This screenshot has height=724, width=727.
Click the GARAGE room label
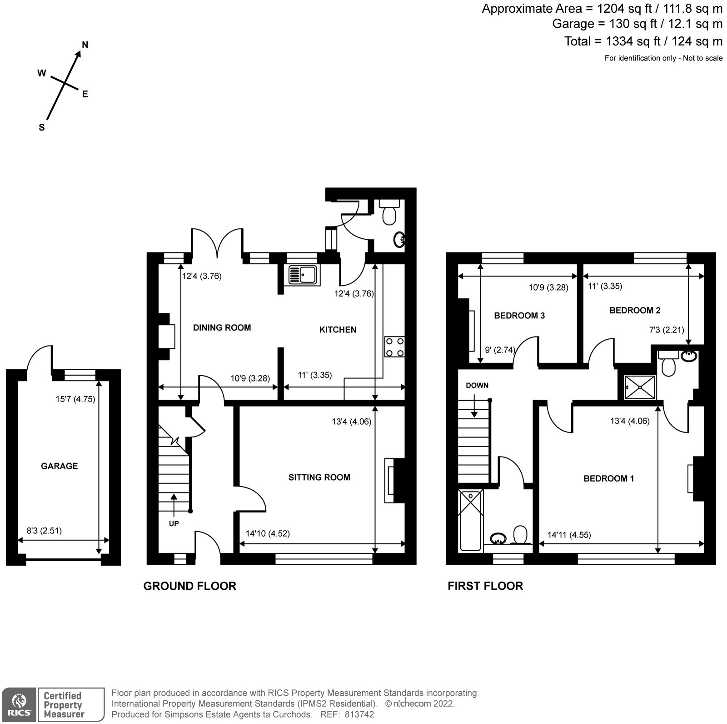(x=59, y=466)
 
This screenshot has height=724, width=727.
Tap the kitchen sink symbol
(x=302, y=275)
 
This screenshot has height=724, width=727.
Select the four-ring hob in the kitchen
(x=394, y=347)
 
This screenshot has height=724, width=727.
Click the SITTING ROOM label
(x=319, y=477)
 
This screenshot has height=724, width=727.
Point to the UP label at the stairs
(x=174, y=523)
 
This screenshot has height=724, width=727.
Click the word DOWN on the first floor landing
(x=477, y=385)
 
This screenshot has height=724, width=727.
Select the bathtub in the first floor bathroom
(x=470, y=521)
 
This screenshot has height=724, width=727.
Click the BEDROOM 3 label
(x=519, y=315)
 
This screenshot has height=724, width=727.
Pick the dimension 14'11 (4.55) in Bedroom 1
(x=569, y=535)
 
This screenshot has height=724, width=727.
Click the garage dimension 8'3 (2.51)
(x=44, y=530)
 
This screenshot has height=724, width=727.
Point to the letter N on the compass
(x=85, y=45)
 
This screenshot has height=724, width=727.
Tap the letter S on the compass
(x=42, y=127)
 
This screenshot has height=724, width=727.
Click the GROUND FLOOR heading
(x=189, y=586)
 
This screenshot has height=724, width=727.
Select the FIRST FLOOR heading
(x=485, y=586)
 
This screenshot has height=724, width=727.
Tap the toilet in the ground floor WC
(x=389, y=212)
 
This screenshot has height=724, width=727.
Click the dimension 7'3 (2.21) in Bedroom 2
(x=667, y=330)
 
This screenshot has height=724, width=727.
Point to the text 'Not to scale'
(x=702, y=58)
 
